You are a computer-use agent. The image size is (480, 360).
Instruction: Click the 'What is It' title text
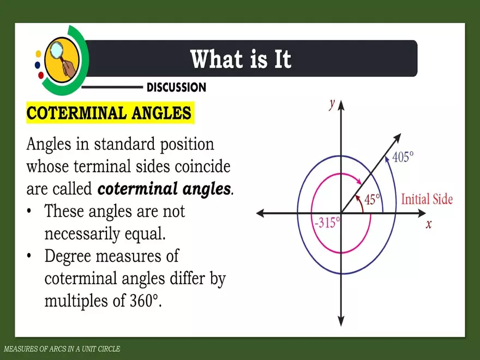tap(241, 59)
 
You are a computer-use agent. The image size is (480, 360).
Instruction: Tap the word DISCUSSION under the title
tap(176, 87)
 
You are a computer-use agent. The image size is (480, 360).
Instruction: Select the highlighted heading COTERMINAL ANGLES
tap(109, 113)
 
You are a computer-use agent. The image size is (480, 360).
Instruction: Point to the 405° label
tap(403, 157)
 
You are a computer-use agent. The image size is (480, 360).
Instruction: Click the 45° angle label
tap(372, 200)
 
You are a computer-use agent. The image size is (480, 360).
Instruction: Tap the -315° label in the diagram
tap(327, 223)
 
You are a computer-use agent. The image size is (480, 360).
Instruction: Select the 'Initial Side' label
tap(427, 199)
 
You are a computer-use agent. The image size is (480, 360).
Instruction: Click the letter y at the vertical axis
tap(332, 105)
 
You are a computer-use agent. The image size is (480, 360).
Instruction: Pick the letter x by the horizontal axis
tap(429, 224)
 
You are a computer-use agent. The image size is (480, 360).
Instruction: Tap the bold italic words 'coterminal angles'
tap(164, 189)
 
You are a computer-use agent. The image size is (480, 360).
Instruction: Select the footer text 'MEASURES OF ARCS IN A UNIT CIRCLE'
tap(61, 349)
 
